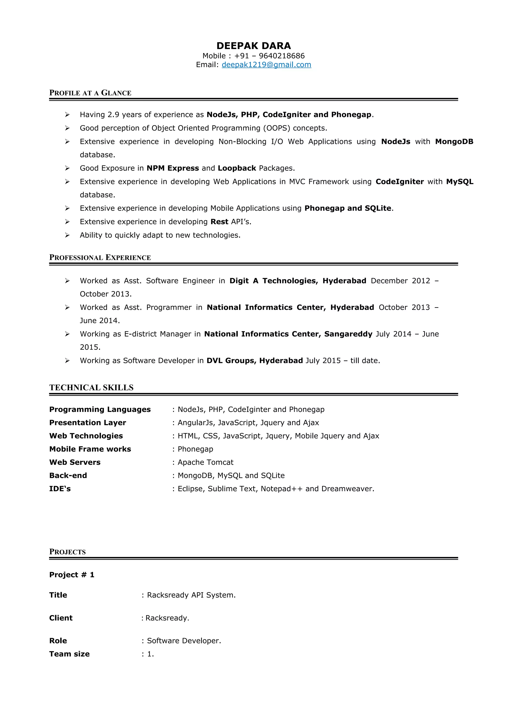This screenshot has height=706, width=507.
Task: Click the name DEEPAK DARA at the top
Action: pos(253,46)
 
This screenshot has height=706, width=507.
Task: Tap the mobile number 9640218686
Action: pos(281,56)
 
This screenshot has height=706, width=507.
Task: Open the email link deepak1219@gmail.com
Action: pos(266,65)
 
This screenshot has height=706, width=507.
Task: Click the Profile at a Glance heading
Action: pos(90,93)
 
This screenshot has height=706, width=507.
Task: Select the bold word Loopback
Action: pos(237,168)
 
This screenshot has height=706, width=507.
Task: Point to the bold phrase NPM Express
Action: pos(173,168)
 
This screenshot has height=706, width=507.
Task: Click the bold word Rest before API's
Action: pos(219,222)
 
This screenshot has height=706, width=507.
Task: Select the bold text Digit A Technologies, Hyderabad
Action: pos(298,281)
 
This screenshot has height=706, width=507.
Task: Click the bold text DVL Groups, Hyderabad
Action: pos(254,360)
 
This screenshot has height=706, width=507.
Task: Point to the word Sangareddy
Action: pos(348,334)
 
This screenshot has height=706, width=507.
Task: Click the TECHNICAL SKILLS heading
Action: pos(91,387)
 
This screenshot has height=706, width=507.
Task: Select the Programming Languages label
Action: pos(100,409)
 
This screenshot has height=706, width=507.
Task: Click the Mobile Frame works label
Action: pos(90,449)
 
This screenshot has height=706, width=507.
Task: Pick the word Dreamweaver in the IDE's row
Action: pos(347,489)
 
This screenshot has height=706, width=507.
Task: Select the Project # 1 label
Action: pos(72,575)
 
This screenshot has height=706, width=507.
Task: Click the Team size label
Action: pos(69,654)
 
